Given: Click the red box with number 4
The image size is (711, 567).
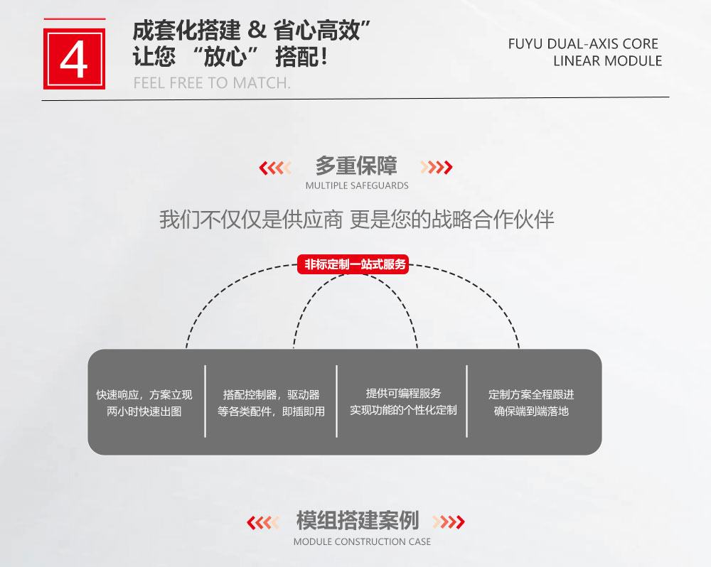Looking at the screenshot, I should (74, 58).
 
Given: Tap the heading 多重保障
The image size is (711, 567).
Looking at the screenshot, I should (356, 167).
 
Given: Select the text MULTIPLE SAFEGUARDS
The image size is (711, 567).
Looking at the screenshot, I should (357, 186).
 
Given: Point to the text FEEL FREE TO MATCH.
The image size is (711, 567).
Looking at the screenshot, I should (212, 83).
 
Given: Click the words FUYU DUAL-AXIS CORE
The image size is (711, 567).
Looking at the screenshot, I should (583, 44).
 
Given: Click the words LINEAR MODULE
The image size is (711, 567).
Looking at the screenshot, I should (607, 61).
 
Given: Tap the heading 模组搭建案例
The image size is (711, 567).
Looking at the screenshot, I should (358, 522).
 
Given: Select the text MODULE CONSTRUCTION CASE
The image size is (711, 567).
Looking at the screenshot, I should (362, 542).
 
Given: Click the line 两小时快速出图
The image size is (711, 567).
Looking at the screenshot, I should (144, 411).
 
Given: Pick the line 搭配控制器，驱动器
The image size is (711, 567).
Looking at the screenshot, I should (271, 395).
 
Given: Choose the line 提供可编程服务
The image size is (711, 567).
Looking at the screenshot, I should (403, 394).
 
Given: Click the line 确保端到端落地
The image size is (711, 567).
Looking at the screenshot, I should (531, 411).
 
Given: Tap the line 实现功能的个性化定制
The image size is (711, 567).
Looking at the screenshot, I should (403, 411).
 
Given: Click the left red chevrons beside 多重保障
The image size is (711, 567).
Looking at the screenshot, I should (276, 168).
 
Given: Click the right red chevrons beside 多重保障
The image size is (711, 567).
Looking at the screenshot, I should (436, 168).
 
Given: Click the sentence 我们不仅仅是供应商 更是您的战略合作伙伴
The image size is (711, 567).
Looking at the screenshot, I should (356, 220).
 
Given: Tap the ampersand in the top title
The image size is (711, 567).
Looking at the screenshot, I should (259, 31).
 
